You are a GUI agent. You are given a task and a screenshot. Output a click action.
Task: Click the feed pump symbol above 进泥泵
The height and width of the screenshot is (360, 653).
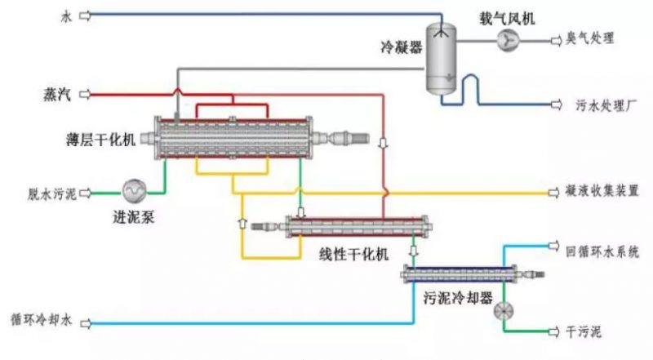[x=133, y=191]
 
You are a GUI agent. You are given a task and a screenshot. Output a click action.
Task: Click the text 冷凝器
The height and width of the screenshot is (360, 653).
[x=402, y=48]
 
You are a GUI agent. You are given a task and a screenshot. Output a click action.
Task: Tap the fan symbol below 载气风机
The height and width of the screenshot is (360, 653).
[x=508, y=38]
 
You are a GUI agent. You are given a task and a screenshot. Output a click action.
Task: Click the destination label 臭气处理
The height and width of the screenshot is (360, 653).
[x=590, y=38]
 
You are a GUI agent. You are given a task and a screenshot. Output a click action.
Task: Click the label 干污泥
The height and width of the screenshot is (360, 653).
[x=584, y=331]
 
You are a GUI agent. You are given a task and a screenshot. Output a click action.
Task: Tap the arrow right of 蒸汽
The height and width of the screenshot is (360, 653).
[x=84, y=95]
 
